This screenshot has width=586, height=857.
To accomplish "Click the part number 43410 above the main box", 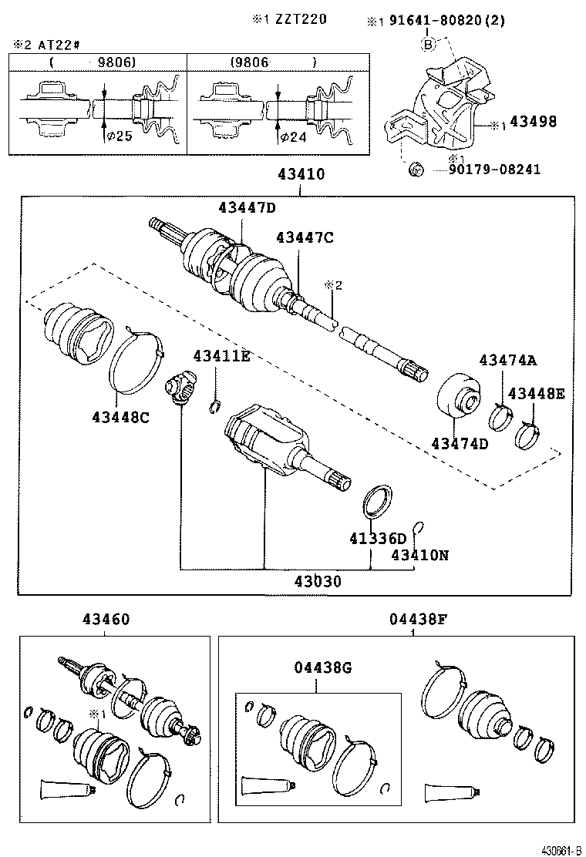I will pyautogui.click(x=301, y=175).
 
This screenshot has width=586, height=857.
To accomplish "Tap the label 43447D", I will pyautogui.click(x=247, y=207).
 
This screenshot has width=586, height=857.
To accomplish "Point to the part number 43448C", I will pyautogui.click(x=120, y=417).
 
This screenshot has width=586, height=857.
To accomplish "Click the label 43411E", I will pyautogui.click(x=221, y=355).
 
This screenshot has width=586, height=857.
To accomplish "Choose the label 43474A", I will pyautogui.click(x=508, y=360).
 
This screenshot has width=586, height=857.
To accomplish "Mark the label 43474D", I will pyautogui.click(x=460, y=443).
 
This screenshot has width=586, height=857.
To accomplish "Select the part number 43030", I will pyautogui.click(x=318, y=582).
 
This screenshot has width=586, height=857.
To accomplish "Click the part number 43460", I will pyautogui.click(x=106, y=619).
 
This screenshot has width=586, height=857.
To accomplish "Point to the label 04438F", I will pyautogui.click(x=414, y=619).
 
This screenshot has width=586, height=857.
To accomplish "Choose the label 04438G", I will pyautogui.click(x=322, y=668).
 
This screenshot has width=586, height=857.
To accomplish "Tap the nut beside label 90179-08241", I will pyautogui.click(x=414, y=169).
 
